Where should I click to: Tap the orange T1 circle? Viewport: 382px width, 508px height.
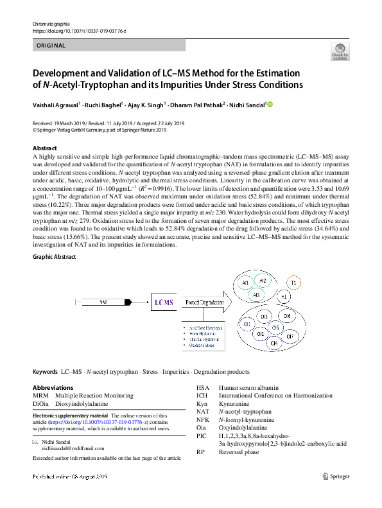point(294,283)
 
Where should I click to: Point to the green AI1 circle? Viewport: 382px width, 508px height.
point(245,283)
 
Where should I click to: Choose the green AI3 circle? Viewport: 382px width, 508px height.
point(256,295)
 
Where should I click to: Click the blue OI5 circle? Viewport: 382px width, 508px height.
point(275,328)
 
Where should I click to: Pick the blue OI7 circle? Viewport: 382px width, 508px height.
point(290,336)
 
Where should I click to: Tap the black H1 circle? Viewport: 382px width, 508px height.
point(284,296)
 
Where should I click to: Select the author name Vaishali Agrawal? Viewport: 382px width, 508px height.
point(58,105)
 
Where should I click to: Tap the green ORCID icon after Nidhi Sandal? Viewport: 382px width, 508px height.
point(270,105)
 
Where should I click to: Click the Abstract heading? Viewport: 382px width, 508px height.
point(45,148)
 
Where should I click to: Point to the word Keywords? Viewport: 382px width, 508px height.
point(45,372)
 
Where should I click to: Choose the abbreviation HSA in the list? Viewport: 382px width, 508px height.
point(202,388)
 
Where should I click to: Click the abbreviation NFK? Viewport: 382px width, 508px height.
point(202,419)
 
